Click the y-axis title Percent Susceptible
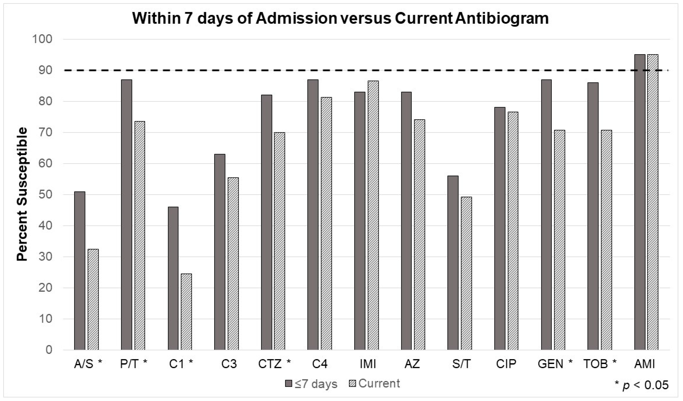tap(22, 194)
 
